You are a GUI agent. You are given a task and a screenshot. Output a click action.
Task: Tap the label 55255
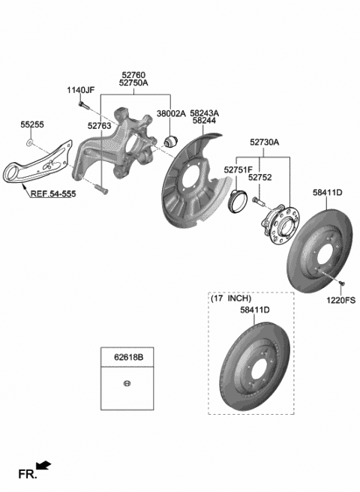point(31,127)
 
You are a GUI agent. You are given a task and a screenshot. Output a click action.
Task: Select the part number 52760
point(134,75)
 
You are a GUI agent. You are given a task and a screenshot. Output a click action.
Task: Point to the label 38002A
point(169,115)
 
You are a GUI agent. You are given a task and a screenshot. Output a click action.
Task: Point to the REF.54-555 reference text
point(52,193)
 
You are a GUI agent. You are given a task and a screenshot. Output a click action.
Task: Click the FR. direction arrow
point(44,467)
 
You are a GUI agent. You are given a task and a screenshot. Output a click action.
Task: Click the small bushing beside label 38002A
point(170,140)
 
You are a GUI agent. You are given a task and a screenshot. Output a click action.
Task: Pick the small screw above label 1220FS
point(341,283)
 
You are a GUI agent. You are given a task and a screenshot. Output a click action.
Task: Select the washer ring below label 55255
point(28,142)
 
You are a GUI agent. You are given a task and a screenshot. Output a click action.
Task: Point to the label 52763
point(99,127)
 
